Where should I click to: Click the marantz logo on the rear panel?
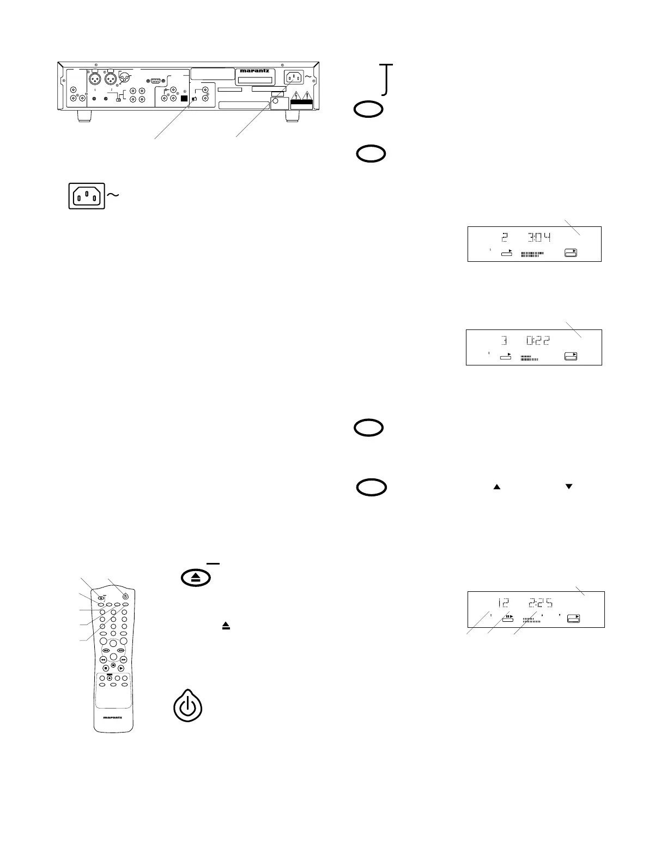[x=254, y=70]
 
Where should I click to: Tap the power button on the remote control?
[x=125, y=596]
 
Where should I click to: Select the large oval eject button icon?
[x=196, y=579]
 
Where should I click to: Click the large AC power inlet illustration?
[x=86, y=196]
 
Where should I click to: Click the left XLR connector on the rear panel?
[x=96, y=80]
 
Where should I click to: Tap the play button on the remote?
[x=121, y=669]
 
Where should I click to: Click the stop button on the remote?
[x=113, y=665]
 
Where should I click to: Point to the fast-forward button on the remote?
[x=123, y=659]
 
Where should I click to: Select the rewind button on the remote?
[x=103, y=659]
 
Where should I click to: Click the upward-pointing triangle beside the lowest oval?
[x=496, y=487]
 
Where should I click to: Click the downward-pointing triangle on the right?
[x=569, y=487]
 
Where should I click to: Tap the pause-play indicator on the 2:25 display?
[x=508, y=617]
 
